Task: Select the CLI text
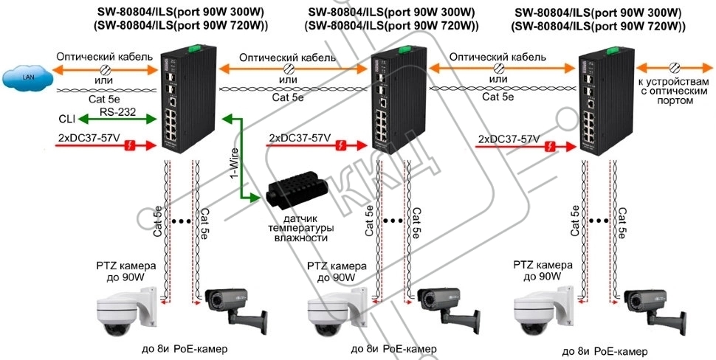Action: (66, 118)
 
